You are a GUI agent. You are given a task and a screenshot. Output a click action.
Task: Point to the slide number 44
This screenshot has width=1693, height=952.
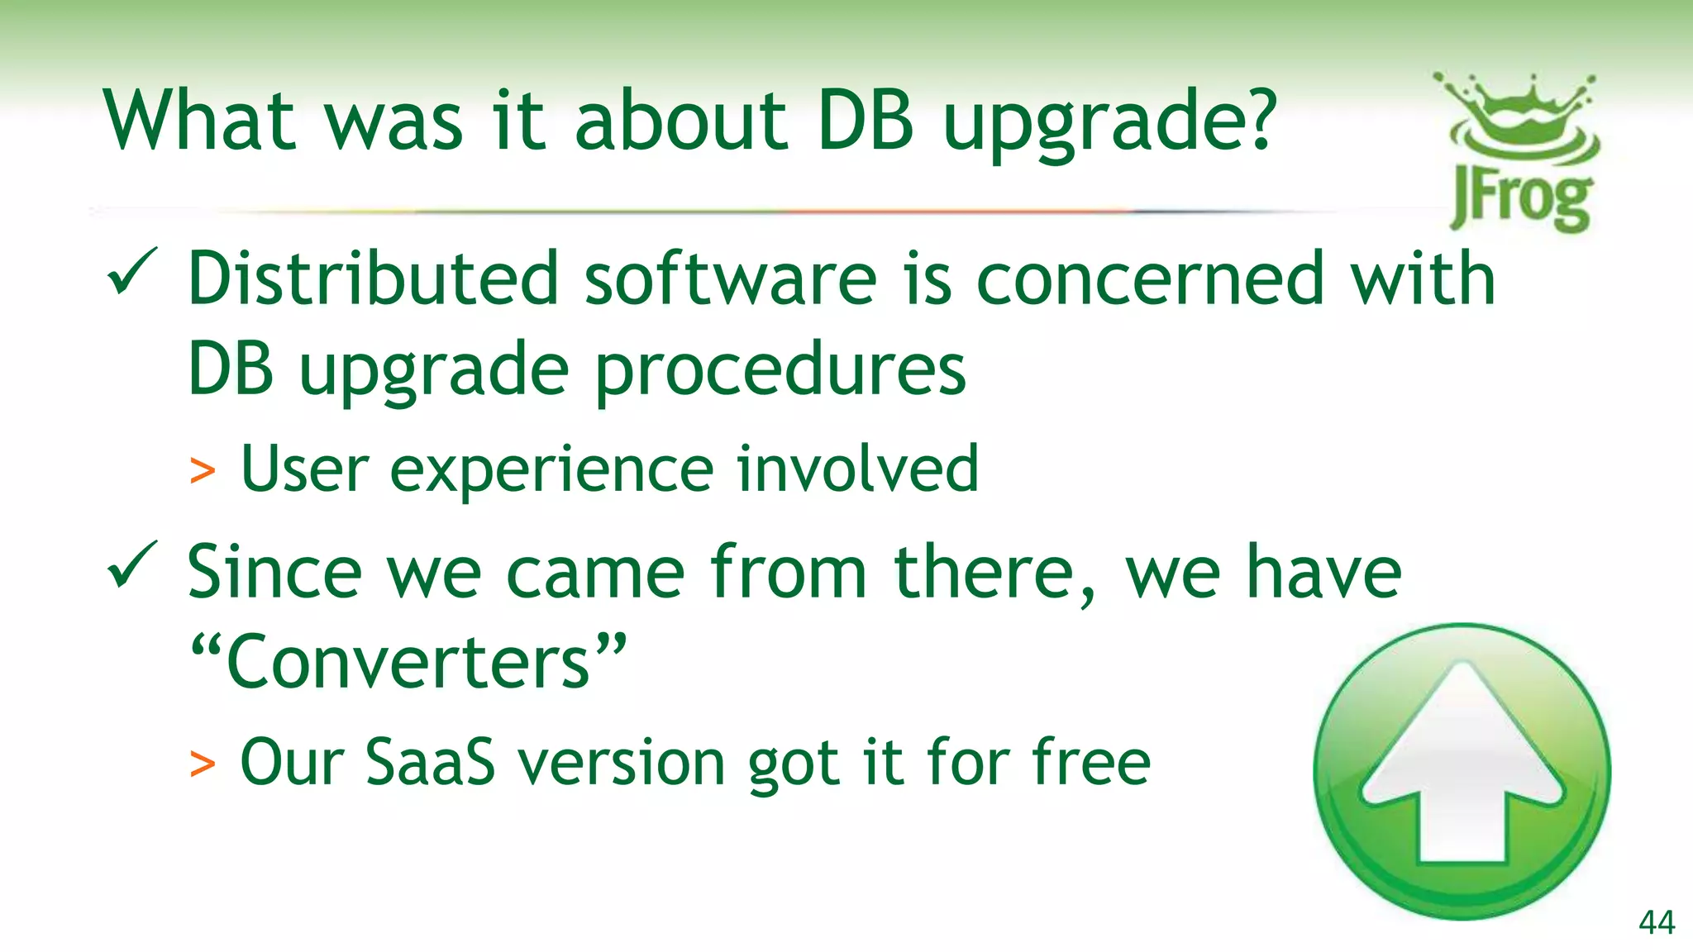point(1656,922)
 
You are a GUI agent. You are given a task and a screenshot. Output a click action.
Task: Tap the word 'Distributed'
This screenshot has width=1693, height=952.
point(374,278)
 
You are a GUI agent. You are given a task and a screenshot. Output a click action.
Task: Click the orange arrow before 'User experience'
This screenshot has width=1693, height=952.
point(203,471)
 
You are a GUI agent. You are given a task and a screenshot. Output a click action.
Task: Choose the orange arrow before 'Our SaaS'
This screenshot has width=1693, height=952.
point(203,764)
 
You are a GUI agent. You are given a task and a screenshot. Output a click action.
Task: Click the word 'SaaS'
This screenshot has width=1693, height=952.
point(430,762)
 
